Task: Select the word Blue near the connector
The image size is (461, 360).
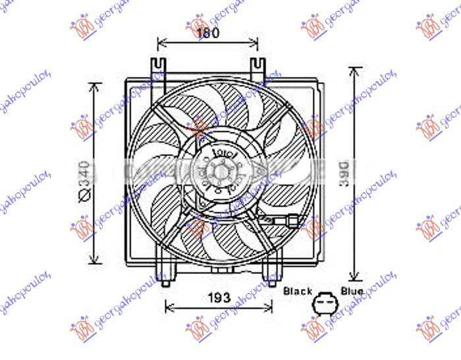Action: pyautogui.click(x=351, y=290)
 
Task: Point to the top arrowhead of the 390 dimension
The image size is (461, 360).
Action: pyautogui.click(x=356, y=69)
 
